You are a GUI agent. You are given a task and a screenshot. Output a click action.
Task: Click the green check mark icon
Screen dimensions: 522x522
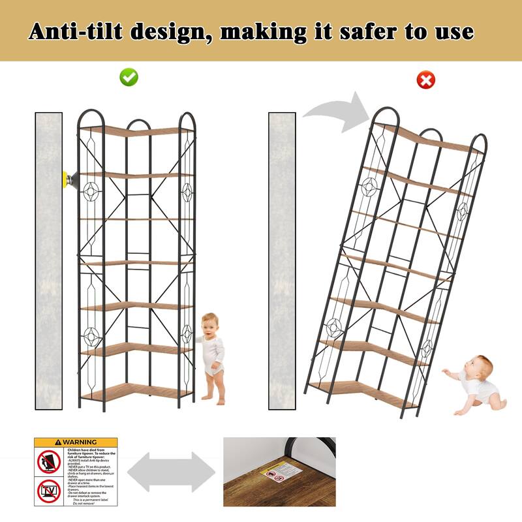[x=129, y=77]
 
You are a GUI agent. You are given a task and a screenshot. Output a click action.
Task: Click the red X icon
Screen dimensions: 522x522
[x=425, y=80]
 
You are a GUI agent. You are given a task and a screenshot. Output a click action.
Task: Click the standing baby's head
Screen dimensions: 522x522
[x=210, y=324]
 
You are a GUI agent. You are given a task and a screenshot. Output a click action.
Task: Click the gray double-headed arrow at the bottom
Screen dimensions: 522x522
[x=171, y=471]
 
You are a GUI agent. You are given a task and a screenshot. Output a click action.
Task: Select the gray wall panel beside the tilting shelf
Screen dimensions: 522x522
[x=282, y=261]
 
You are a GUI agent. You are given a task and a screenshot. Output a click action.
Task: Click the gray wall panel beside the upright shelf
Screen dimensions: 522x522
[x=48, y=261]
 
